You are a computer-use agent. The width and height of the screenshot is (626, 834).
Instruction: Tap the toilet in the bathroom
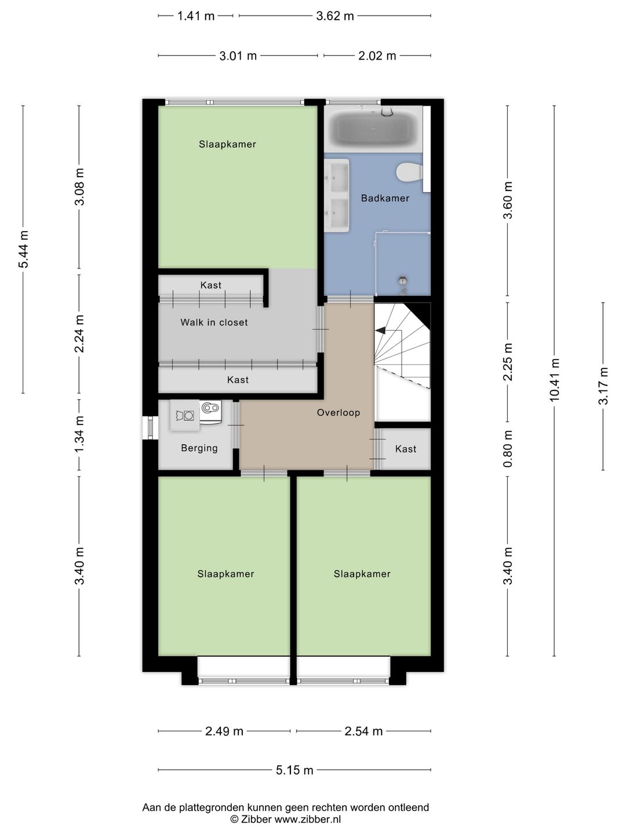coord(409,172)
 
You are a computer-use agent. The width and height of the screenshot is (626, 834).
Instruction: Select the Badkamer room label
coord(385,198)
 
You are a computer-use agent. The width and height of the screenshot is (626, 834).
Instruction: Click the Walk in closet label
coord(214,323)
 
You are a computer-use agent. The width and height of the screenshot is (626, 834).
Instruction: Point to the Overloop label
coord(339,412)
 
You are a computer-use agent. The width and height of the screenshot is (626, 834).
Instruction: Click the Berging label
coord(199,448)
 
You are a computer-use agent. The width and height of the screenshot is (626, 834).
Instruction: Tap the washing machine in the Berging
coord(185,415)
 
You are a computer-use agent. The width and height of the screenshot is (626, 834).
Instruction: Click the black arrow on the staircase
coord(380,331)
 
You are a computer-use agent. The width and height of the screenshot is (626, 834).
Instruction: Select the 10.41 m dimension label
coord(554,380)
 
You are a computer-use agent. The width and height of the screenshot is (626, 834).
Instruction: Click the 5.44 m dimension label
coord(23,249)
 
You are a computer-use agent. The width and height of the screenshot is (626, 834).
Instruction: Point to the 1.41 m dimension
coord(196,16)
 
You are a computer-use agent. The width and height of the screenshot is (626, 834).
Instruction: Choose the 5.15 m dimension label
coord(294,770)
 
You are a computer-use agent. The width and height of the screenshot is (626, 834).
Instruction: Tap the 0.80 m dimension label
coord(507,449)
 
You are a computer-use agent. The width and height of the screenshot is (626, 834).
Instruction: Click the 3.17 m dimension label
coord(603,386)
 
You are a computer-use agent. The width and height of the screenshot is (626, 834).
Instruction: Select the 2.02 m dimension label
coord(377,56)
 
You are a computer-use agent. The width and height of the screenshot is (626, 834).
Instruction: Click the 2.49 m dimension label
coord(224,731)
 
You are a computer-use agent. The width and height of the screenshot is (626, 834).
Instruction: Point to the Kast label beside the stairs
coord(406,449)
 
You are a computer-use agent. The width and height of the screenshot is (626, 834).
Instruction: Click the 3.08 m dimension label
coord(79,186)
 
